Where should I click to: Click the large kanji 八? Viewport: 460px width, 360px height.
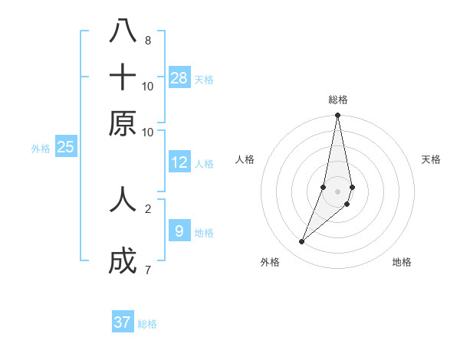(x=123, y=32)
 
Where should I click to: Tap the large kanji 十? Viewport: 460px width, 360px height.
(x=123, y=77)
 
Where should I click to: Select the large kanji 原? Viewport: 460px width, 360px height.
(x=123, y=123)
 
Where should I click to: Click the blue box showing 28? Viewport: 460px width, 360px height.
(x=179, y=77)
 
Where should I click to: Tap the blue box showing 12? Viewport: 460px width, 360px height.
(x=179, y=162)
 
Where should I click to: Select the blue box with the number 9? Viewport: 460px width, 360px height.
(x=179, y=231)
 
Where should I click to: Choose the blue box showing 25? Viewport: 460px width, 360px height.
(x=65, y=147)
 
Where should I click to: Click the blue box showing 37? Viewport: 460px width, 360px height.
(x=123, y=322)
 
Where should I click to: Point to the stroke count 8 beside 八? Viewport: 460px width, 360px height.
(x=147, y=40)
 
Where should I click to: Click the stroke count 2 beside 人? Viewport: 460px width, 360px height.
(x=147, y=208)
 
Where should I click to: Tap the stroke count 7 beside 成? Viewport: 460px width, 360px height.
(x=147, y=270)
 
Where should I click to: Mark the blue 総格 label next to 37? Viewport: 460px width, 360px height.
(x=147, y=324)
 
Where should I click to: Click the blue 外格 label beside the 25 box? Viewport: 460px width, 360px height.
(x=41, y=149)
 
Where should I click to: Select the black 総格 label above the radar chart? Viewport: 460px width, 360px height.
(x=337, y=100)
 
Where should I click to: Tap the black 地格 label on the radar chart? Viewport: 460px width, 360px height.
(x=402, y=262)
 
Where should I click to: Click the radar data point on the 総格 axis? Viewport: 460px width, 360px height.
(x=337, y=116)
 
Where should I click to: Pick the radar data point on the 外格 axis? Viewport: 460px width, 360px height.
(x=302, y=242)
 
